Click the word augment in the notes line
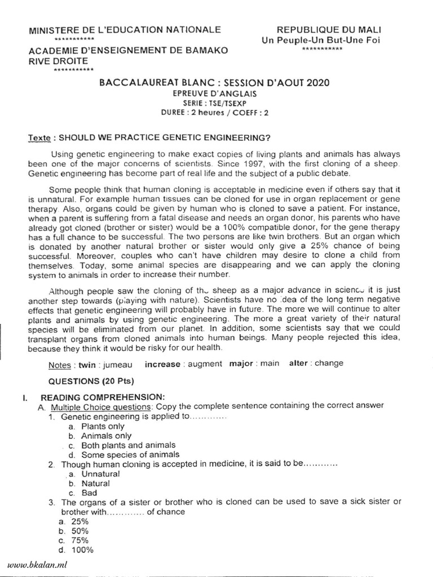[x=205, y=364]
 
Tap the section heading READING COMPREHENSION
[x=103, y=397]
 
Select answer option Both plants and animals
[x=128, y=445]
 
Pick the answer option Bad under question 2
[x=89, y=492]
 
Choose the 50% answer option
[x=79, y=531]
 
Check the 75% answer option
[x=79, y=540]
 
